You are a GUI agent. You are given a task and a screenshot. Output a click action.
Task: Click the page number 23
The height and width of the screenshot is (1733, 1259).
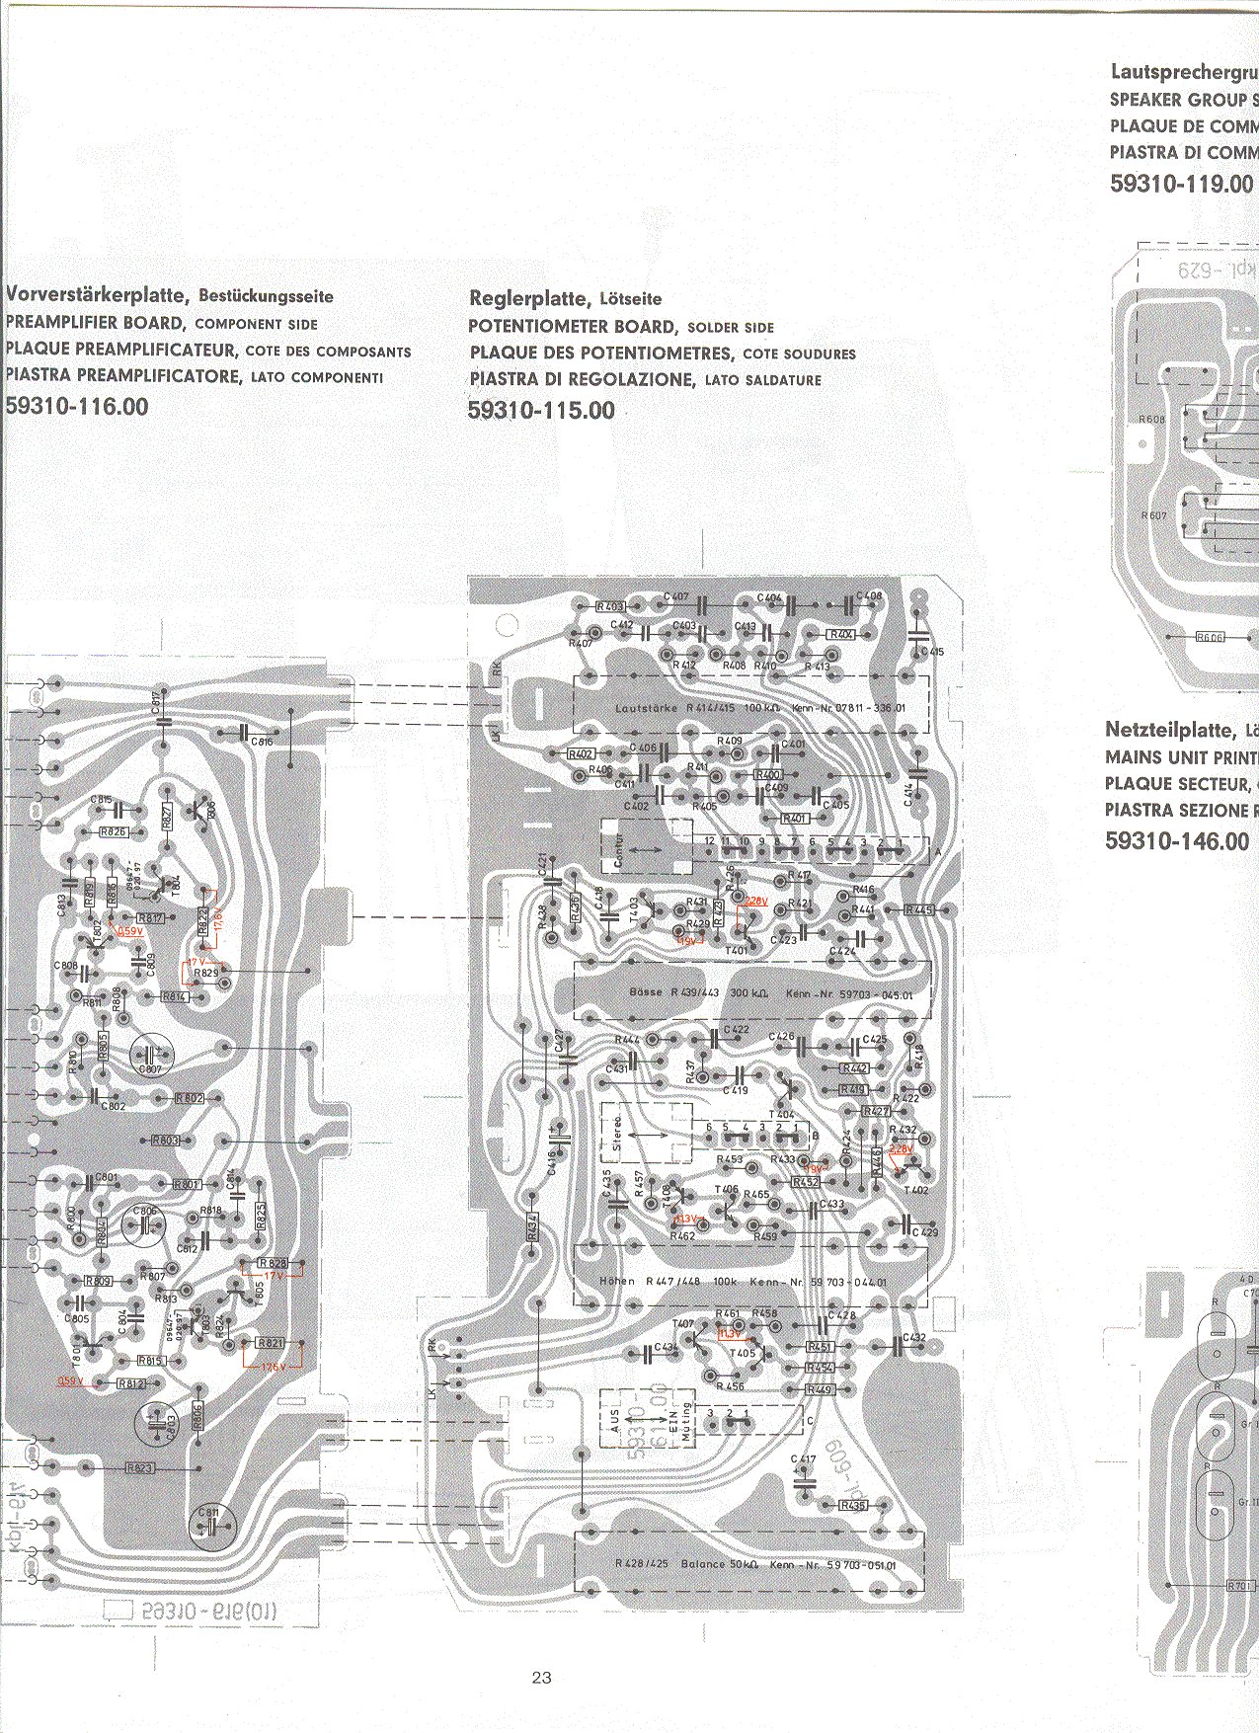click(541, 1677)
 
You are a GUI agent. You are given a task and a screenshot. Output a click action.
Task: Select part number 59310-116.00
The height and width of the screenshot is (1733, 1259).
click(77, 406)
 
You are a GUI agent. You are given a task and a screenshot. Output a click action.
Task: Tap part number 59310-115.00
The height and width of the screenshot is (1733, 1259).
click(541, 410)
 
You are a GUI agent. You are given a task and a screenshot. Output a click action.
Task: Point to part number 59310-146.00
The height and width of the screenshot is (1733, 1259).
click(1177, 841)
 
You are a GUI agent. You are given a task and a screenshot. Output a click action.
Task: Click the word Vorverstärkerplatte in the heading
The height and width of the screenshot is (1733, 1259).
click(96, 294)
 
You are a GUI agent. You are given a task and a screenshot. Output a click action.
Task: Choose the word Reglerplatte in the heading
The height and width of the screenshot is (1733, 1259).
click(530, 298)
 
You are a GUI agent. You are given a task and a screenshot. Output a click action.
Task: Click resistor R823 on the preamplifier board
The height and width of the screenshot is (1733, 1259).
click(140, 1468)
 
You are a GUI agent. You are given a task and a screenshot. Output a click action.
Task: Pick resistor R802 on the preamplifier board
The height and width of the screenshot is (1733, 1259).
click(190, 1098)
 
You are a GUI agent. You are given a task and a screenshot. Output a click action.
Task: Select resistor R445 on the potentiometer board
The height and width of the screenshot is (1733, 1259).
click(918, 909)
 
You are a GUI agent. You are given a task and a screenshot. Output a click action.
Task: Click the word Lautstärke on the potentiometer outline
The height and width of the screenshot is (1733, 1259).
click(646, 708)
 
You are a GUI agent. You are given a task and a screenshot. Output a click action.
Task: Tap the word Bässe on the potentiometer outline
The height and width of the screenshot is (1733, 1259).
click(645, 991)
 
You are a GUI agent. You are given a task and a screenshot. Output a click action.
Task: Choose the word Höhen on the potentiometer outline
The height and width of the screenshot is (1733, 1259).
click(617, 1282)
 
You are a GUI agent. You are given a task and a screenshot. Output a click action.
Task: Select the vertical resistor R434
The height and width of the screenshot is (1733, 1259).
click(532, 1227)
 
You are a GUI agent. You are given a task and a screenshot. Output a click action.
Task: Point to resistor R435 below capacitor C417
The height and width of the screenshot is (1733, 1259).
click(852, 1505)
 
